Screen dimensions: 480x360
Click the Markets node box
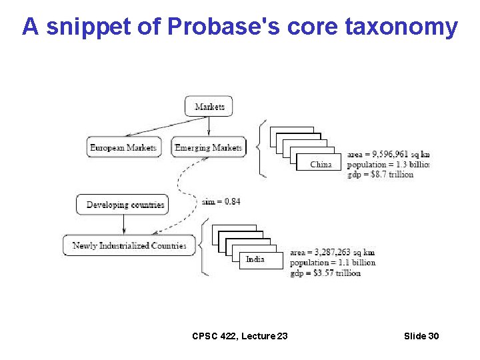tap(209, 107)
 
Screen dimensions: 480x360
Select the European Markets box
tap(123, 147)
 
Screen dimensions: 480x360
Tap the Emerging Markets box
tap(209, 147)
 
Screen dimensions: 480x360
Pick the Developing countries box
tap(121, 205)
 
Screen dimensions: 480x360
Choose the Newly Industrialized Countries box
tap(129, 245)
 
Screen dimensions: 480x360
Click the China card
tap(321, 164)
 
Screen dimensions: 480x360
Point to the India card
tap(255, 259)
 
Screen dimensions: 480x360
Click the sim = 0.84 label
tap(221, 201)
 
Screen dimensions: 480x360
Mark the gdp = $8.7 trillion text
tap(381, 174)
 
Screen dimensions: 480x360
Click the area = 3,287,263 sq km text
tap(332, 253)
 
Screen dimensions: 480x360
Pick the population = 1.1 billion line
tap(332, 263)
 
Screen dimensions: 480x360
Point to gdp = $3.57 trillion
tap(325, 273)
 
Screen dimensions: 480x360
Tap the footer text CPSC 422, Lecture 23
tap(240, 336)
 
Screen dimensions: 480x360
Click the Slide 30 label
tap(421, 336)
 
